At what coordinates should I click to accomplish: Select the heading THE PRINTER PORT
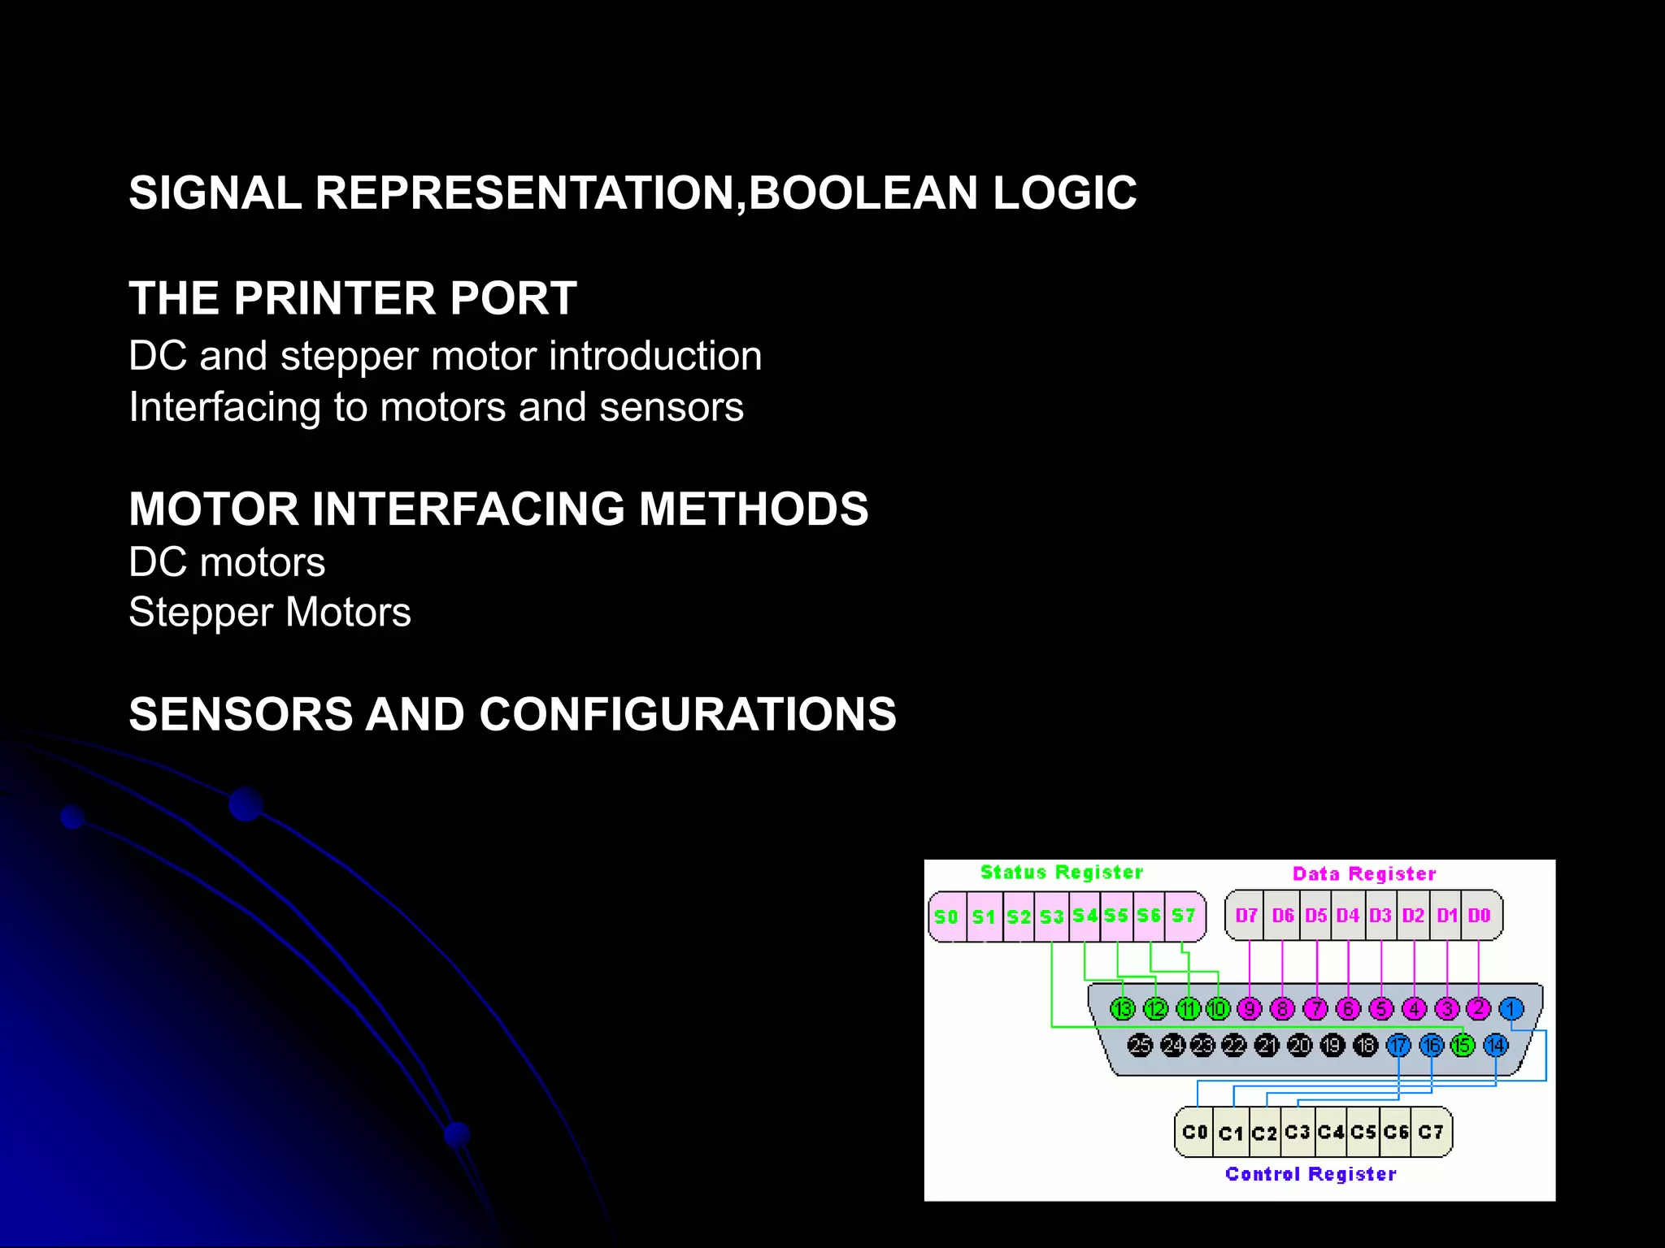click(353, 298)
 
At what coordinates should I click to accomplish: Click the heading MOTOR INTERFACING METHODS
click(498, 509)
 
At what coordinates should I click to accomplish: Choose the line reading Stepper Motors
click(270, 613)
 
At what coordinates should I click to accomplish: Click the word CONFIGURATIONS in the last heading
click(688, 714)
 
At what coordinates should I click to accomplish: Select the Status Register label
click(1061, 873)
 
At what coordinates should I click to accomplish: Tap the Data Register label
click(1364, 874)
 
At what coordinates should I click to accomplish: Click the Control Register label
click(1311, 1174)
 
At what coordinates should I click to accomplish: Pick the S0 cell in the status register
click(946, 916)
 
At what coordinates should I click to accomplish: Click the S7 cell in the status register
click(1184, 916)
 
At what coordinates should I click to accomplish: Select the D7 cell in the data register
click(1246, 916)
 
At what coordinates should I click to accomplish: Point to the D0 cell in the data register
click(1479, 916)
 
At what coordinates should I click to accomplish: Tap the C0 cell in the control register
click(1194, 1132)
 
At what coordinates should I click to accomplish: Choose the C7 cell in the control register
click(1431, 1132)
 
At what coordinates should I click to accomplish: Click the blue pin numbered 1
click(1511, 1009)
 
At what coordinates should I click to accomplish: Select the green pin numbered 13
click(1123, 1009)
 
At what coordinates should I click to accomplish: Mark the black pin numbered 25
click(1140, 1046)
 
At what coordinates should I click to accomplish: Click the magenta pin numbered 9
click(1250, 1009)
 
